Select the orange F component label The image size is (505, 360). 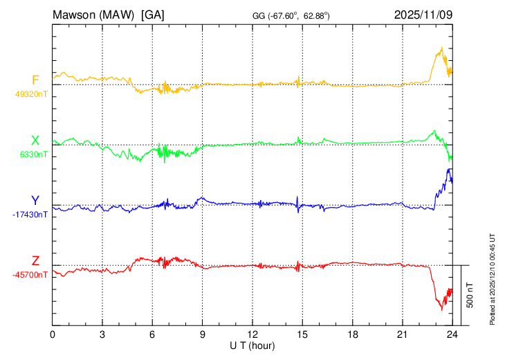35,80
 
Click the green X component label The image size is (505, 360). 35,141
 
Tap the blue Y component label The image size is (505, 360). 35,201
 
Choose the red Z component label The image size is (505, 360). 35,261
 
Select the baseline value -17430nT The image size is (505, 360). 30,215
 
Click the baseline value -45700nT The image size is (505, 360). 30,275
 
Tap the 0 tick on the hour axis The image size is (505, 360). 53,334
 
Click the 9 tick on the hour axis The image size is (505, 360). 203,334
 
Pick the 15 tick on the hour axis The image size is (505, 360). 302,334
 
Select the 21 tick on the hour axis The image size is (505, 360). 402,334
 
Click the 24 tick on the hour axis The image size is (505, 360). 452,334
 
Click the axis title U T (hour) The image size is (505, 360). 252,345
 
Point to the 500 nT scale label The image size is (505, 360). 470,295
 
